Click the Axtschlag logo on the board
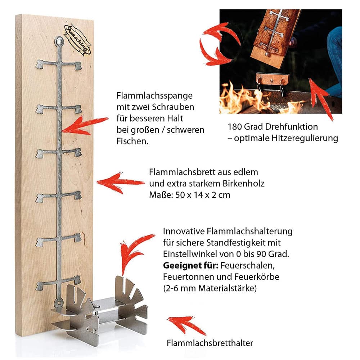click(x=78, y=40)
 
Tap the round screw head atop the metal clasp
click(x=59, y=41)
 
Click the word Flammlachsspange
click(x=154, y=96)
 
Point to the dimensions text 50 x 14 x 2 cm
click(x=203, y=195)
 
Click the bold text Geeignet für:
click(x=190, y=266)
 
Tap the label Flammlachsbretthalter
click(x=210, y=343)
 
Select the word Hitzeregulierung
click(x=305, y=138)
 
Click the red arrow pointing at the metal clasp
click(x=85, y=126)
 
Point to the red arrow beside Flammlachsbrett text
click(x=121, y=183)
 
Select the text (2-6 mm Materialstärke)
click(x=210, y=288)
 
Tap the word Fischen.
click(x=132, y=141)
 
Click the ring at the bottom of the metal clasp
click(x=59, y=303)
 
